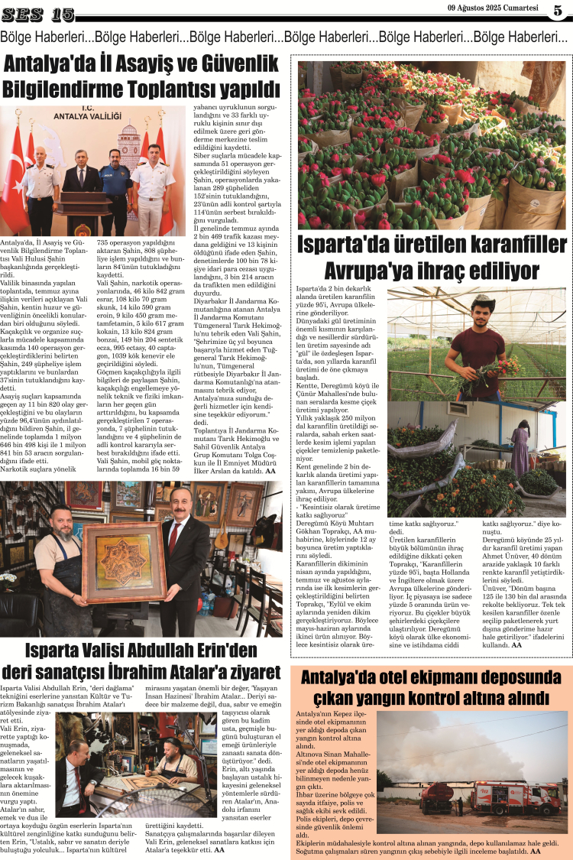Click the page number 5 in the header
click(x=558, y=11)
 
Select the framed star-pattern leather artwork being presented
click(x=124, y=562)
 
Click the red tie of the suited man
click(x=174, y=535)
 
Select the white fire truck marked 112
click(x=507, y=797)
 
